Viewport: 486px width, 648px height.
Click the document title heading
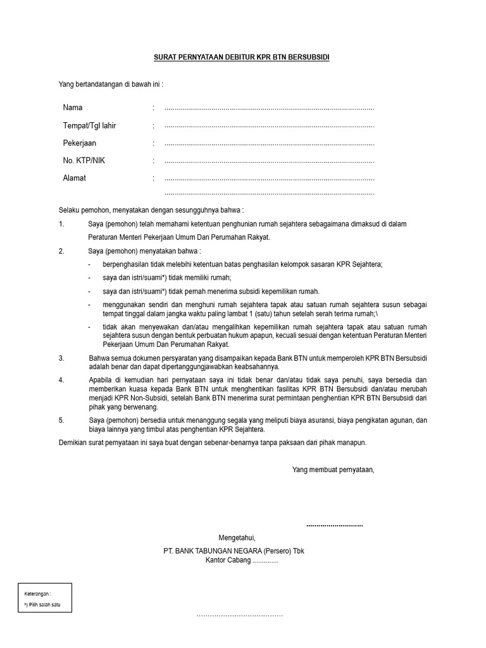pyautogui.click(x=242, y=58)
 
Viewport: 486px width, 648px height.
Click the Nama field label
pyautogui.click(x=73, y=108)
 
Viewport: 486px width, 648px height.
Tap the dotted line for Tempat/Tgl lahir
pyautogui.click(x=269, y=127)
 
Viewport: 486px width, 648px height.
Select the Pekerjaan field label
pyautogui.click(x=80, y=143)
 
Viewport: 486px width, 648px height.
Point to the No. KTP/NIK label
pyautogui.click(x=84, y=161)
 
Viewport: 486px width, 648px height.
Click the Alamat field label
pyautogui.click(x=74, y=178)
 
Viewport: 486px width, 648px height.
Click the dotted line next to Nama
pyautogui.click(x=269, y=109)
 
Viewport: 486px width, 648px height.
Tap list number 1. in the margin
pyautogui.click(x=61, y=224)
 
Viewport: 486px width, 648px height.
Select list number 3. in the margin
pyautogui.click(x=61, y=358)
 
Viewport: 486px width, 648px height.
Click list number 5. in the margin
pyautogui.click(x=61, y=420)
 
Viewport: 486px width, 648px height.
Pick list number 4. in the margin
pyautogui.click(x=61, y=380)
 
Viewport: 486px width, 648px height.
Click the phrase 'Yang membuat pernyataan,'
pyautogui.click(x=333, y=470)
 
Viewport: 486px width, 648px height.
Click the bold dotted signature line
pyautogui.click(x=335, y=525)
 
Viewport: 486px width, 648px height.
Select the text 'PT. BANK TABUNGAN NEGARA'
pyautogui.click(x=213, y=551)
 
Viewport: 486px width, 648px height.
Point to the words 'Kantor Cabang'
pyautogui.click(x=228, y=561)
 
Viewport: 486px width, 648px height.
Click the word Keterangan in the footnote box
pyautogui.click(x=37, y=594)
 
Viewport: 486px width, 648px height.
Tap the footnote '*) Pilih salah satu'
pyautogui.click(x=44, y=605)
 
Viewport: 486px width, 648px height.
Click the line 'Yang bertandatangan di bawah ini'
pyautogui.click(x=111, y=84)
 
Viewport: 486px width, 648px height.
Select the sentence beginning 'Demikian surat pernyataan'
pyautogui.click(x=213, y=443)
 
